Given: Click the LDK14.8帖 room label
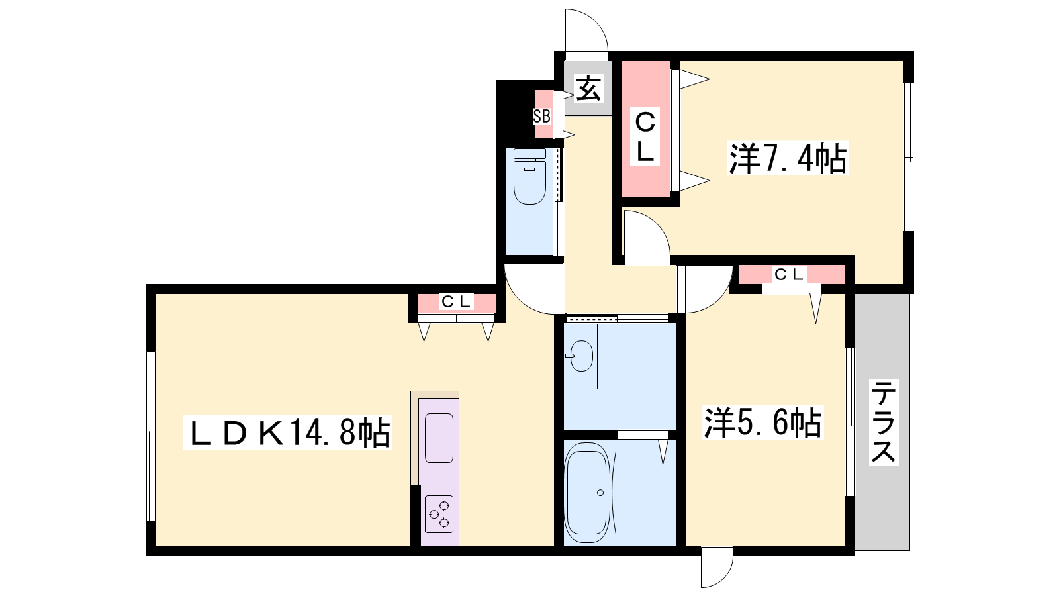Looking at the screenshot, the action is click(287, 432).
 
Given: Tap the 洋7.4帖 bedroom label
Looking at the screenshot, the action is click(788, 158).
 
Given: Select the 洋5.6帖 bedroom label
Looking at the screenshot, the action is click(762, 422).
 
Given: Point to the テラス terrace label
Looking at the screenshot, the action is click(883, 422).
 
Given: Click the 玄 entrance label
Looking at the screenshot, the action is click(588, 89).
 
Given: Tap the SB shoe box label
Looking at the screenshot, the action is click(542, 116).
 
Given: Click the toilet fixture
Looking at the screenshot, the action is click(529, 176).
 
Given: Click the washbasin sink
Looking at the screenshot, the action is click(580, 356).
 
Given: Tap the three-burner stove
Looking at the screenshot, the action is click(439, 514).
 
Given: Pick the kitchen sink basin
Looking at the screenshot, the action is click(439, 438).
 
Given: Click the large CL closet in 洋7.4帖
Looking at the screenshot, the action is click(646, 128).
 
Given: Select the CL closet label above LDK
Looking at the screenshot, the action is click(456, 301).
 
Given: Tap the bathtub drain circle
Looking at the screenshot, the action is click(600, 493).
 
